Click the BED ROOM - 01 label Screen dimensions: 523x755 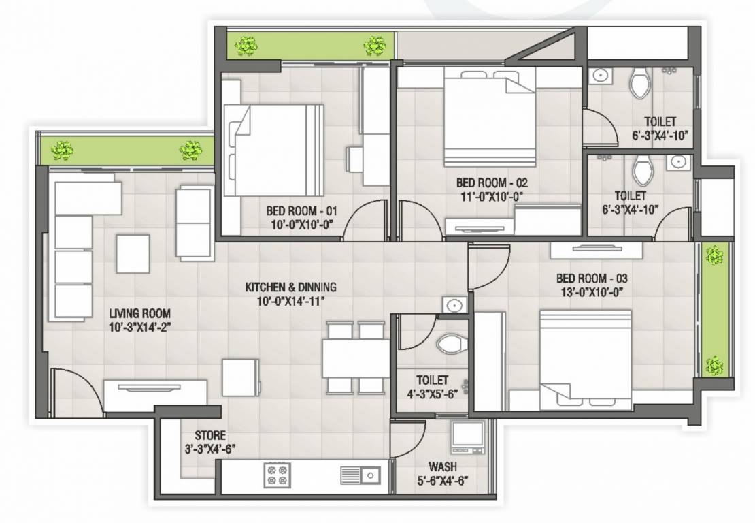click(x=301, y=210)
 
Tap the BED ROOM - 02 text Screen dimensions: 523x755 click(x=492, y=183)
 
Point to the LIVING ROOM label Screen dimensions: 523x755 click(x=140, y=313)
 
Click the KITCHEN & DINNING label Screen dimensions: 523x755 click(x=290, y=287)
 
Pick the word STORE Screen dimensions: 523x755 click(x=210, y=435)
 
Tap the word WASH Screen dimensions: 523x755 click(x=442, y=467)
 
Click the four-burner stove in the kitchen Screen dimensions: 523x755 click(x=277, y=475)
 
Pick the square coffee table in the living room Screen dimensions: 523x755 click(x=133, y=253)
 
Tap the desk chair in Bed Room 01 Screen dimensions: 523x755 click(x=355, y=159)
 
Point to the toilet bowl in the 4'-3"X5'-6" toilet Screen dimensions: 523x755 click(x=450, y=345)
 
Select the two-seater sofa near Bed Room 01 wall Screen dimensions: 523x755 click(x=193, y=223)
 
